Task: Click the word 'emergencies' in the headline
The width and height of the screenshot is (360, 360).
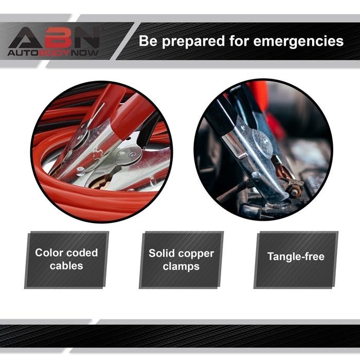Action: tap(298, 42)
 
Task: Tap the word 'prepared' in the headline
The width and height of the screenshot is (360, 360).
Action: tap(193, 42)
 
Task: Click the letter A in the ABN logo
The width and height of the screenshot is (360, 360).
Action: tap(25, 38)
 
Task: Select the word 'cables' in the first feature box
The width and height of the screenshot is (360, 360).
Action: tap(66, 266)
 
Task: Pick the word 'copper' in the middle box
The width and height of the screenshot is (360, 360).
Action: tap(196, 254)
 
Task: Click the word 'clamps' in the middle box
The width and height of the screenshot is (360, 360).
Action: tap(181, 267)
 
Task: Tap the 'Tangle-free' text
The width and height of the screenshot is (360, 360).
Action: tap(296, 257)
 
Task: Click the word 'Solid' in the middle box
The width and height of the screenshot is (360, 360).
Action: tap(161, 253)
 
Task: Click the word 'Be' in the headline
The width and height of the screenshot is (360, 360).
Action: tap(148, 41)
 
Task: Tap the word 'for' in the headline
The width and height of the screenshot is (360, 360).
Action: tap(239, 41)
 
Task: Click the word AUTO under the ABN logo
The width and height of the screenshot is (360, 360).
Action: tap(23, 53)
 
